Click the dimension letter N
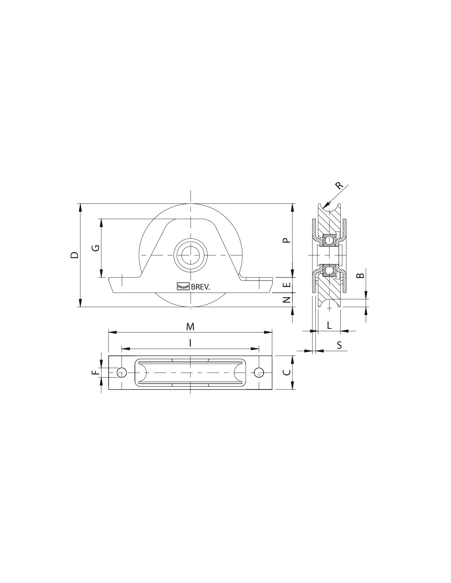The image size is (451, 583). point(287,299)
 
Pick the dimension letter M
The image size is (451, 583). point(190,326)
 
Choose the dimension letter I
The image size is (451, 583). point(190,343)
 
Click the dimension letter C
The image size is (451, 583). point(287,372)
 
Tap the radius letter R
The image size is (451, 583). point(339,185)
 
